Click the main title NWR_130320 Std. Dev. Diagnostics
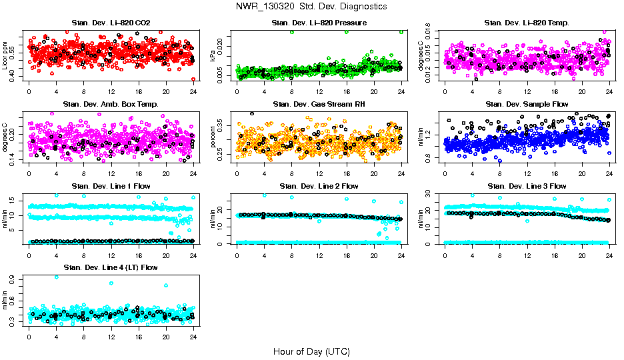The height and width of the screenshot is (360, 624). click(311, 7)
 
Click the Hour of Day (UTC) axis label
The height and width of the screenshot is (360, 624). click(311, 351)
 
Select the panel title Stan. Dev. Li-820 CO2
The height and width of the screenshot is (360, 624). click(111, 23)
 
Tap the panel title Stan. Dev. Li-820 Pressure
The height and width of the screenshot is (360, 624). click(319, 23)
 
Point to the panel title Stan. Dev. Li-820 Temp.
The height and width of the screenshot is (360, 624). click(527, 23)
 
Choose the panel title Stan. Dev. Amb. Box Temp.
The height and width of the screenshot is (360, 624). click(111, 104)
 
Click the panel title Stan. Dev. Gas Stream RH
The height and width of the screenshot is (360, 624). click(319, 104)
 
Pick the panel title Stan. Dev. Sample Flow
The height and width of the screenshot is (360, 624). click(527, 104)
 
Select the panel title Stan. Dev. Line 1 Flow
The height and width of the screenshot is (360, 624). click(111, 186)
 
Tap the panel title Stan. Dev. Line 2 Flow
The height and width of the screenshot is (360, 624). click(319, 186)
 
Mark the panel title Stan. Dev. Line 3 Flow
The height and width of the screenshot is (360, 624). click(527, 186)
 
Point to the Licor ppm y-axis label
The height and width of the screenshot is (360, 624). click(6, 56)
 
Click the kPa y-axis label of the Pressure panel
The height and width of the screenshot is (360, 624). click(214, 56)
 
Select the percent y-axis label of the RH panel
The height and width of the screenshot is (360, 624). click(214, 137)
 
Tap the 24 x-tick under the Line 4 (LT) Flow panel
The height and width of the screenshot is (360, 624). click(193, 336)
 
